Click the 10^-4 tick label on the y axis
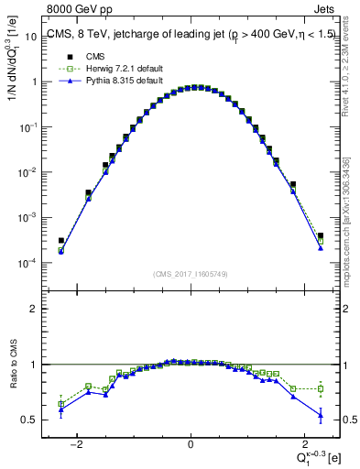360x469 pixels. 28,263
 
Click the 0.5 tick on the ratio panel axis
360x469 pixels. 30,420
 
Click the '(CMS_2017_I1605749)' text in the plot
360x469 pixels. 190,273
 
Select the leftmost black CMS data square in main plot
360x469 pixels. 60,241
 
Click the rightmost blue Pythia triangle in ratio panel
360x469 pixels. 320,416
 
